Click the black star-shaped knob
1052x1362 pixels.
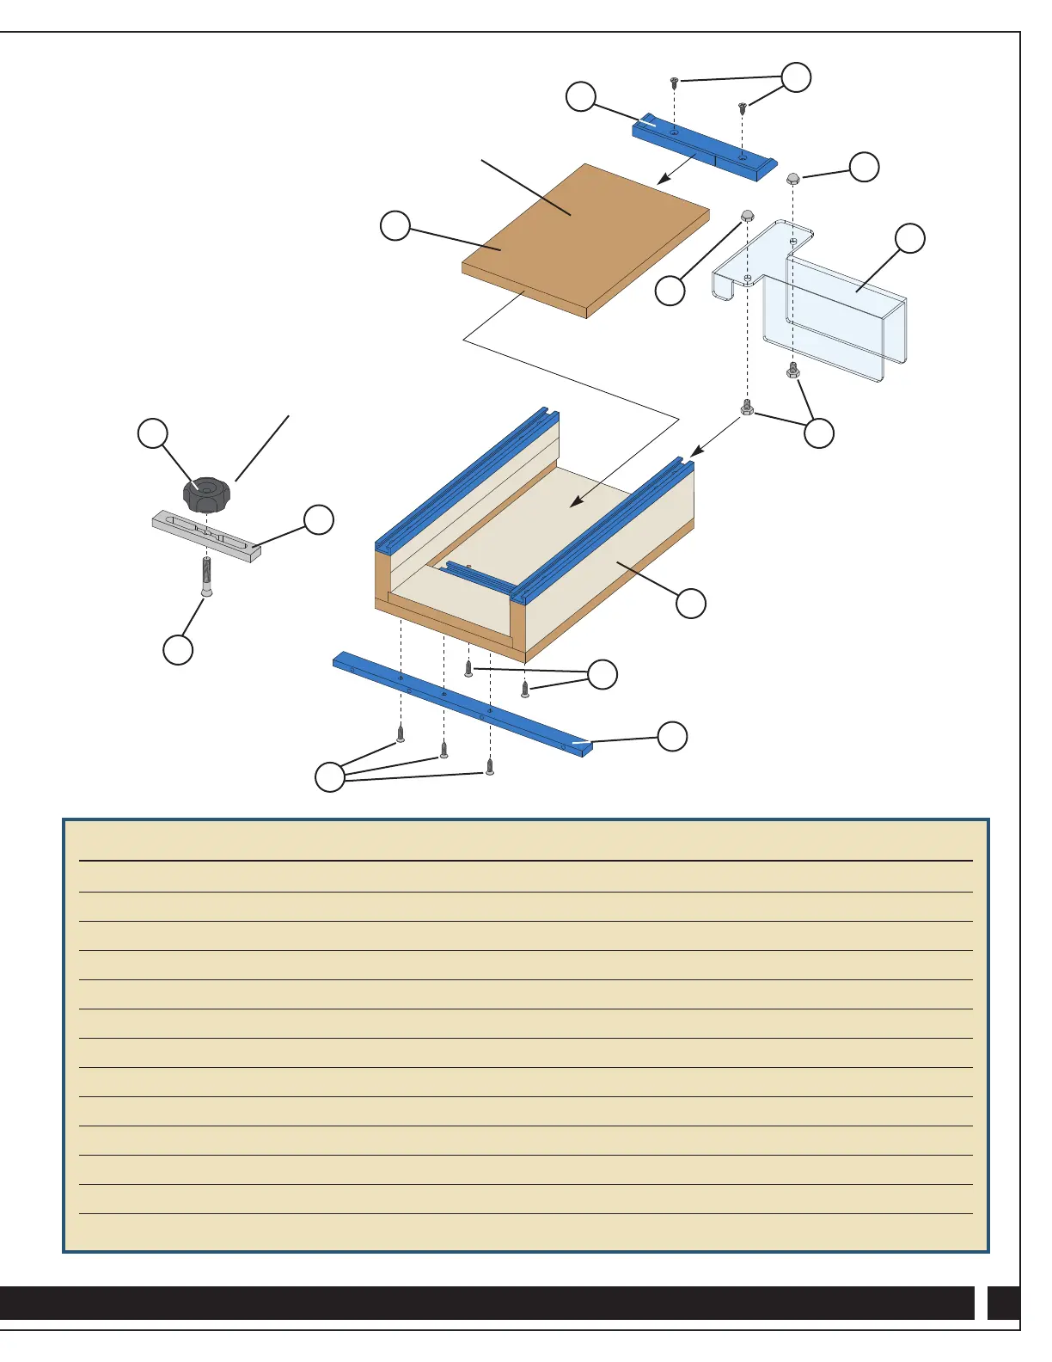click(x=206, y=493)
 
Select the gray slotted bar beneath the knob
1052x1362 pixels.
click(x=206, y=537)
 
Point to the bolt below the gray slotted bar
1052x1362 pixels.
click(x=206, y=576)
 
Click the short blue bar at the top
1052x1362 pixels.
click(x=705, y=148)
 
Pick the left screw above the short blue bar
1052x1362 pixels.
click(x=675, y=83)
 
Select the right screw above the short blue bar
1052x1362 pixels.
click(x=742, y=107)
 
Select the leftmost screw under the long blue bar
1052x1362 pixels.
click(x=401, y=734)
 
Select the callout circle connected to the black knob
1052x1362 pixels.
click(x=153, y=433)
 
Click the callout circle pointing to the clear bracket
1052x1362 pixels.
click(x=910, y=238)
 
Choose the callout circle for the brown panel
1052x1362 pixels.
click(x=395, y=226)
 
